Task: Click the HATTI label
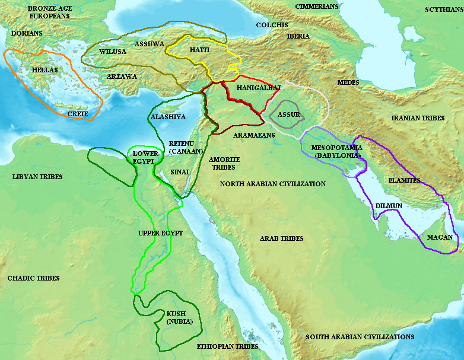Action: coord(199,50)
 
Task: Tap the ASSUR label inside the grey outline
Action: coord(288,114)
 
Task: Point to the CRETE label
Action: coord(78,113)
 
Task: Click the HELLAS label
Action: coord(45,70)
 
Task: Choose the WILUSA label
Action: coord(112,52)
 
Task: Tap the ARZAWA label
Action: coord(122,77)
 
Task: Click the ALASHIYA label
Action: coord(169,117)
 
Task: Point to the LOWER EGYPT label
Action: coord(145,158)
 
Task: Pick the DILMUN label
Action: coord(389,206)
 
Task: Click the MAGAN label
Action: coord(440,238)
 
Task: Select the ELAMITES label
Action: coord(404,180)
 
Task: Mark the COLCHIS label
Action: coord(272,25)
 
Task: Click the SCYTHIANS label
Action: coord(443,10)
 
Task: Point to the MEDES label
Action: coord(348,82)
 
